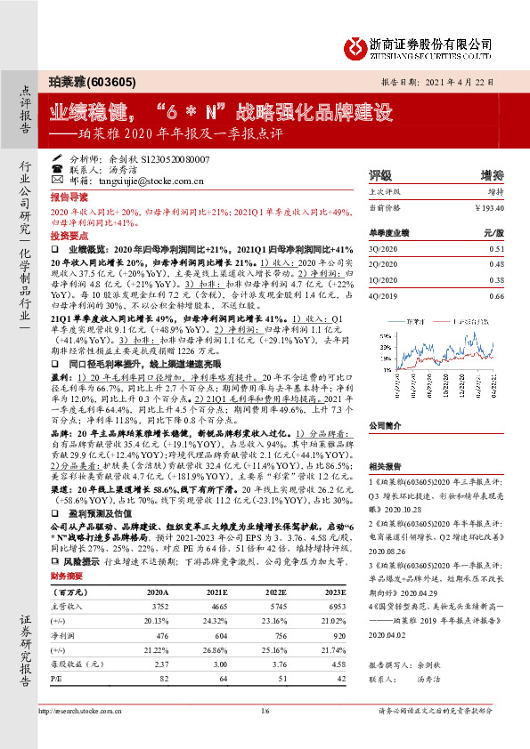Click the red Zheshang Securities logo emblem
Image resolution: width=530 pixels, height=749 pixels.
(355, 44)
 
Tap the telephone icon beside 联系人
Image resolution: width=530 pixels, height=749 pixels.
(57, 168)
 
